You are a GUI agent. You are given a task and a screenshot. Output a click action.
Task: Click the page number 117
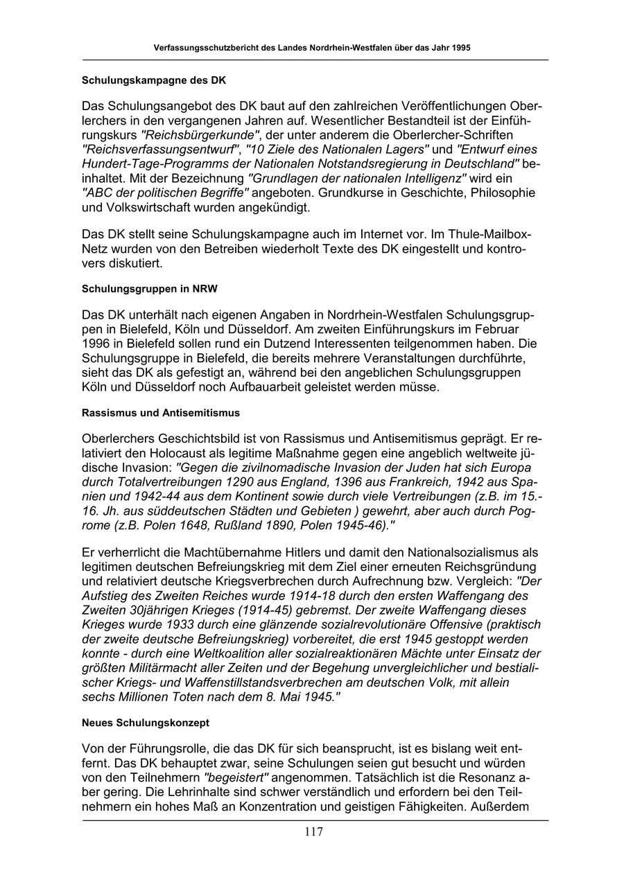(313, 832)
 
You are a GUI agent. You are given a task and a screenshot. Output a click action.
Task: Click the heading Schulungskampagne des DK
(154, 80)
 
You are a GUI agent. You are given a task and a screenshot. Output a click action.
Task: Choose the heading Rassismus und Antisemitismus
(161, 412)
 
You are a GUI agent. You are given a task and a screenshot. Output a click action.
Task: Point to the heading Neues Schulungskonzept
(146, 722)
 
